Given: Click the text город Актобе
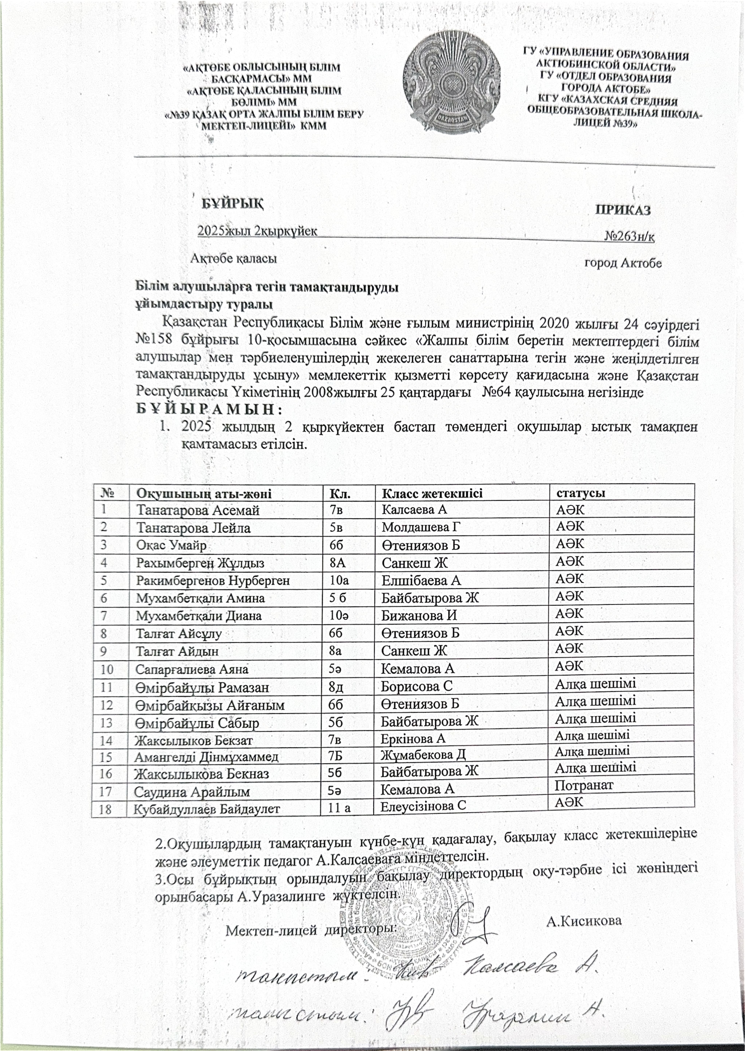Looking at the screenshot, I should tap(623, 263).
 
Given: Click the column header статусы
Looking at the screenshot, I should tap(580, 493).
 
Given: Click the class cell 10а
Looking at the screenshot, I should tap(340, 580).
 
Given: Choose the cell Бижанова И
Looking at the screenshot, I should tap(419, 616).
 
